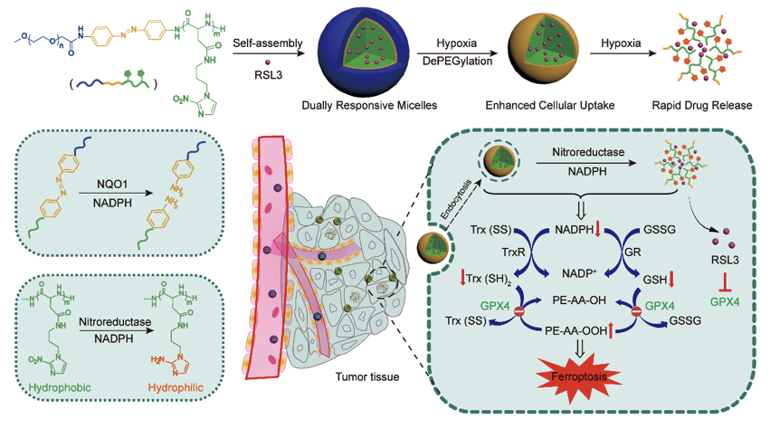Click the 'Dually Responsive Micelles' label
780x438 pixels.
click(370, 107)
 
